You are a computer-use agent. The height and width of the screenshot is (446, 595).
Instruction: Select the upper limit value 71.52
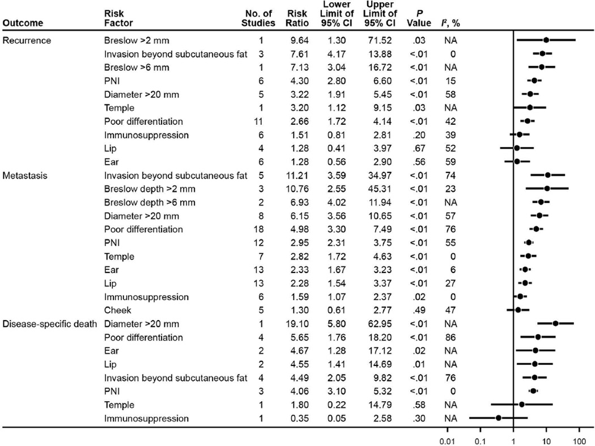[376, 41]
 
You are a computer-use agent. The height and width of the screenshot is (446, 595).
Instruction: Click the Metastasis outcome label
[24, 175]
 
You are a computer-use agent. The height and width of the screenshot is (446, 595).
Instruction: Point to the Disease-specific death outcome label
[48, 324]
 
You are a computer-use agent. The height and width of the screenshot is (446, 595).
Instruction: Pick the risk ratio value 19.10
[295, 324]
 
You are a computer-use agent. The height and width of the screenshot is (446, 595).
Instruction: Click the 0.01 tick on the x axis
[447, 440]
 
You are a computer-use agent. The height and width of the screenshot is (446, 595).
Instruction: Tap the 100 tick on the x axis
[579, 440]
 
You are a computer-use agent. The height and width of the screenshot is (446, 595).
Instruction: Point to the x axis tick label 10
[546, 440]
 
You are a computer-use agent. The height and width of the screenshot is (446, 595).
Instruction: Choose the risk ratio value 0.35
[297, 419]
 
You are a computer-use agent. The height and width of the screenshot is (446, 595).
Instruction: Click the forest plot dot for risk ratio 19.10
[555, 324]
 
